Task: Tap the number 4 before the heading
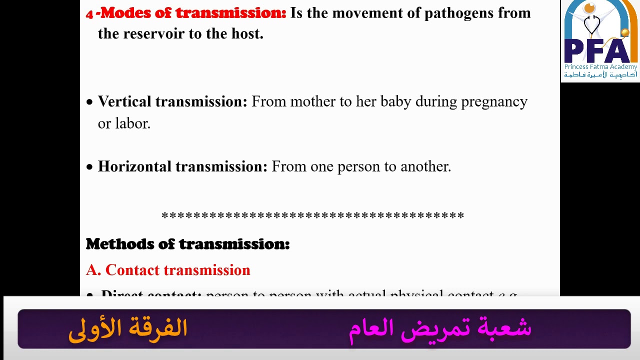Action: tap(89, 14)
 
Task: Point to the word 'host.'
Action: tap(247, 34)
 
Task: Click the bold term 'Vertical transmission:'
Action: tap(172, 101)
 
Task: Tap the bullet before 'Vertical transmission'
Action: tap(89, 102)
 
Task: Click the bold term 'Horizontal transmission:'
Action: tap(182, 166)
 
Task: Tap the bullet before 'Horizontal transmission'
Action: tap(89, 167)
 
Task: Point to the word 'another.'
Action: tap(425, 166)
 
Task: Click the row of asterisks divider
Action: tap(312, 216)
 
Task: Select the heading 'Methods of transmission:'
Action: tap(187, 244)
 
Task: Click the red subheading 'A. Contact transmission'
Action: tap(168, 270)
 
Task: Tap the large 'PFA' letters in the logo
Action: tap(600, 50)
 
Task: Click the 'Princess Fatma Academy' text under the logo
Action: tap(600, 67)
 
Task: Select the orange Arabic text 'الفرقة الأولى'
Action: tap(127, 329)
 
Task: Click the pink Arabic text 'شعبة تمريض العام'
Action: tap(440, 329)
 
